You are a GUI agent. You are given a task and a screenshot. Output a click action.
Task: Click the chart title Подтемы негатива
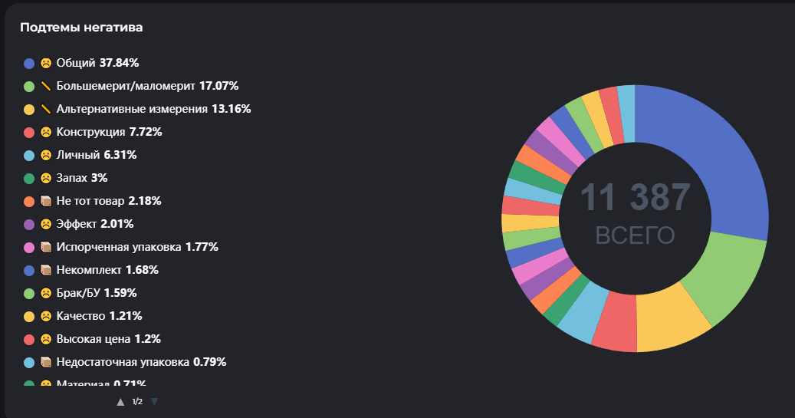point(81,28)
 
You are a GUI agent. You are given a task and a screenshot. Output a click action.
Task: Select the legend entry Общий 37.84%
point(97,63)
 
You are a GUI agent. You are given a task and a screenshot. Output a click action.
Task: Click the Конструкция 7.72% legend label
point(109,132)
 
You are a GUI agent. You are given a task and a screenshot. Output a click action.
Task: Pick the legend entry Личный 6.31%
point(97,155)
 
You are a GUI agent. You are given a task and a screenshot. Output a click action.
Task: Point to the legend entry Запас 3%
point(82,178)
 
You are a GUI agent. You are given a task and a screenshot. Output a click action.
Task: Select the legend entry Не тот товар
point(108,201)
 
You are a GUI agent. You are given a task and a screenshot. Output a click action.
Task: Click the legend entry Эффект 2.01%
point(95,224)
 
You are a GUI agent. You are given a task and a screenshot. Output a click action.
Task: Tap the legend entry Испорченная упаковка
point(137,247)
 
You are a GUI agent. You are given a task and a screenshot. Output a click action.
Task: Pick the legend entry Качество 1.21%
point(99,316)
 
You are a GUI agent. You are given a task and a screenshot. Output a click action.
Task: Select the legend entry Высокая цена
point(108,339)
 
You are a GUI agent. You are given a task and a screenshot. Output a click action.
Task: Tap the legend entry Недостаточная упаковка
point(141,362)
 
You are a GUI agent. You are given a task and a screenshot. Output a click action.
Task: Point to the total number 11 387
point(635,197)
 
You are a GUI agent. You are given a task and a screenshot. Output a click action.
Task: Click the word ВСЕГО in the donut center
point(635,235)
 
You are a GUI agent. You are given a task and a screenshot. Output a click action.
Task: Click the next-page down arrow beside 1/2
point(154,401)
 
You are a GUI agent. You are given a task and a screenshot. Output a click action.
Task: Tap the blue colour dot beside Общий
point(29,63)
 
